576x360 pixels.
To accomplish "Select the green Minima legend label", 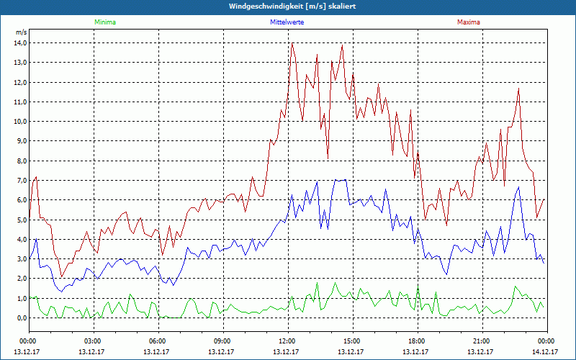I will [104, 22].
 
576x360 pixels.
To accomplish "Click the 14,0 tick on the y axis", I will [20, 43].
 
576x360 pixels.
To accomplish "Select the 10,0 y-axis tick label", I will [20, 122].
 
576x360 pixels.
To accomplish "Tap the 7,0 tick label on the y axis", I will [20, 180].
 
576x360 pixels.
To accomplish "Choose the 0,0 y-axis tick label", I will [20, 318].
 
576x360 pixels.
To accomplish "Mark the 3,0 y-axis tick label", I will [20, 258].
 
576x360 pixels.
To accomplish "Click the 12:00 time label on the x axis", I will [287, 341].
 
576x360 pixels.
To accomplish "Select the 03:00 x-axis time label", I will [93, 341].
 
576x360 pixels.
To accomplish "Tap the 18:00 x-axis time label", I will [417, 341].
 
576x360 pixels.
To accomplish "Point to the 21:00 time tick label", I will [482, 341].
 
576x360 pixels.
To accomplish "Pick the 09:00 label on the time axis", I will [222, 341].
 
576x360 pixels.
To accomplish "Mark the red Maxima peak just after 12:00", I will [292, 44].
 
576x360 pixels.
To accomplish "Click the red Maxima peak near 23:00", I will [518, 89].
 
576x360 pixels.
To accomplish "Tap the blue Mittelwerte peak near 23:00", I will [518, 187].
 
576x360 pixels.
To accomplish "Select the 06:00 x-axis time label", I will [158, 341].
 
